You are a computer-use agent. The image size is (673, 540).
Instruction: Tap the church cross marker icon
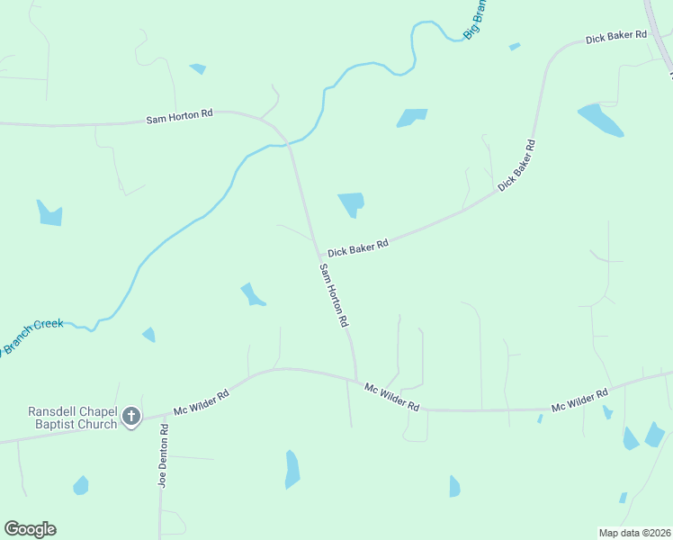click(131, 417)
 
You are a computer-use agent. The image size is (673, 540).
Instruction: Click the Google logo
click(30, 529)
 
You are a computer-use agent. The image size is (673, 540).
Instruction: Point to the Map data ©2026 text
click(635, 532)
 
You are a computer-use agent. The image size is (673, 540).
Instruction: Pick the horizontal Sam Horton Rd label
click(180, 116)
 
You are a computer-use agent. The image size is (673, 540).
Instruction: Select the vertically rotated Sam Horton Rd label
click(333, 295)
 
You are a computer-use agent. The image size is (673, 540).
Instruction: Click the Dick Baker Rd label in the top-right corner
click(616, 37)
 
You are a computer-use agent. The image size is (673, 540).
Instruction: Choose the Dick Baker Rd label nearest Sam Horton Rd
click(357, 248)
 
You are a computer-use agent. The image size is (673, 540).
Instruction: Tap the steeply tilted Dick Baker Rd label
click(516, 165)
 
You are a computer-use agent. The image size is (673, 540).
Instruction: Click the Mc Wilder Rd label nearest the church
click(202, 401)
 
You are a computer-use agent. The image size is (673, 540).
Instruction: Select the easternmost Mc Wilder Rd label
click(579, 400)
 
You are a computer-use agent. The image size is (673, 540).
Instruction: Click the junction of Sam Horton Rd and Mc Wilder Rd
click(356, 380)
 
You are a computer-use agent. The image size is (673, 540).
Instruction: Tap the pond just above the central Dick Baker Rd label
click(351, 204)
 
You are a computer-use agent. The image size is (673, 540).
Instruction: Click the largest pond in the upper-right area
click(600, 120)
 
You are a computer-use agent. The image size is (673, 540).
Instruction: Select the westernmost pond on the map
click(50, 213)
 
